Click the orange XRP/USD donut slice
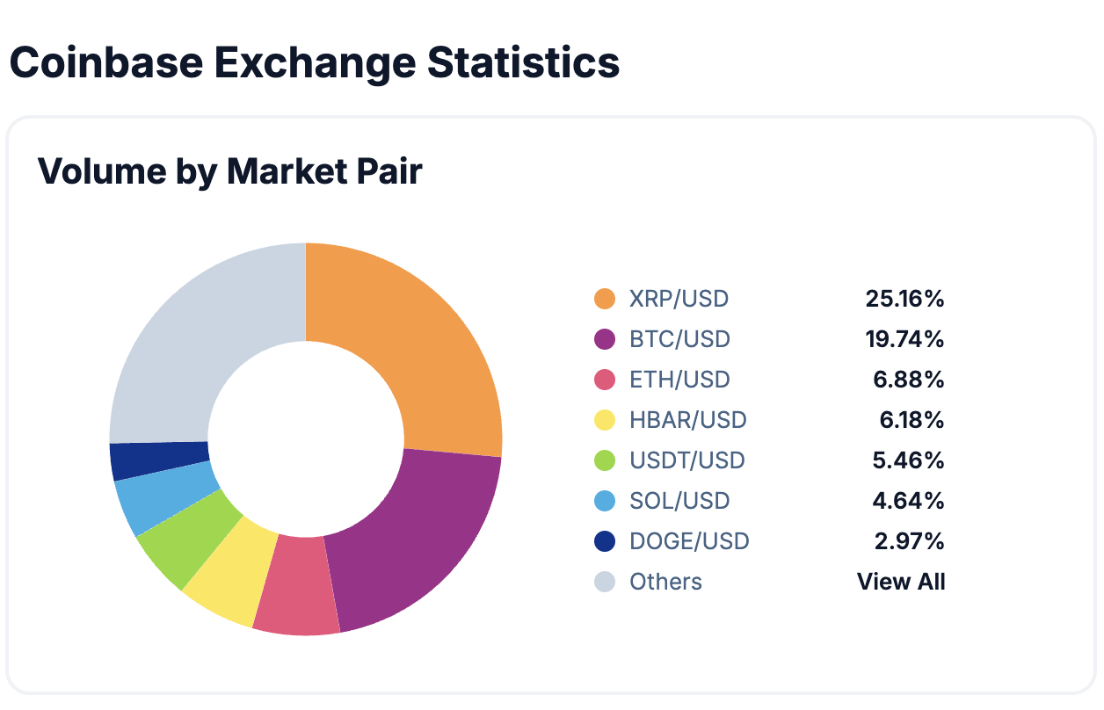[431, 351]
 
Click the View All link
[901, 582]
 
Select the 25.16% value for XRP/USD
[904, 299]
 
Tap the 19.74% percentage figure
[904, 339]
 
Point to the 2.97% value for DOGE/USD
[909, 541]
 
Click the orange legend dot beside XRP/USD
[605, 299]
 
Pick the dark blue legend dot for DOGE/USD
[605, 541]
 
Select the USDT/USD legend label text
[687, 460]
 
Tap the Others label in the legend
[665, 582]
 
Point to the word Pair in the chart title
[385, 171]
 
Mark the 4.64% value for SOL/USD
[909, 501]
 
